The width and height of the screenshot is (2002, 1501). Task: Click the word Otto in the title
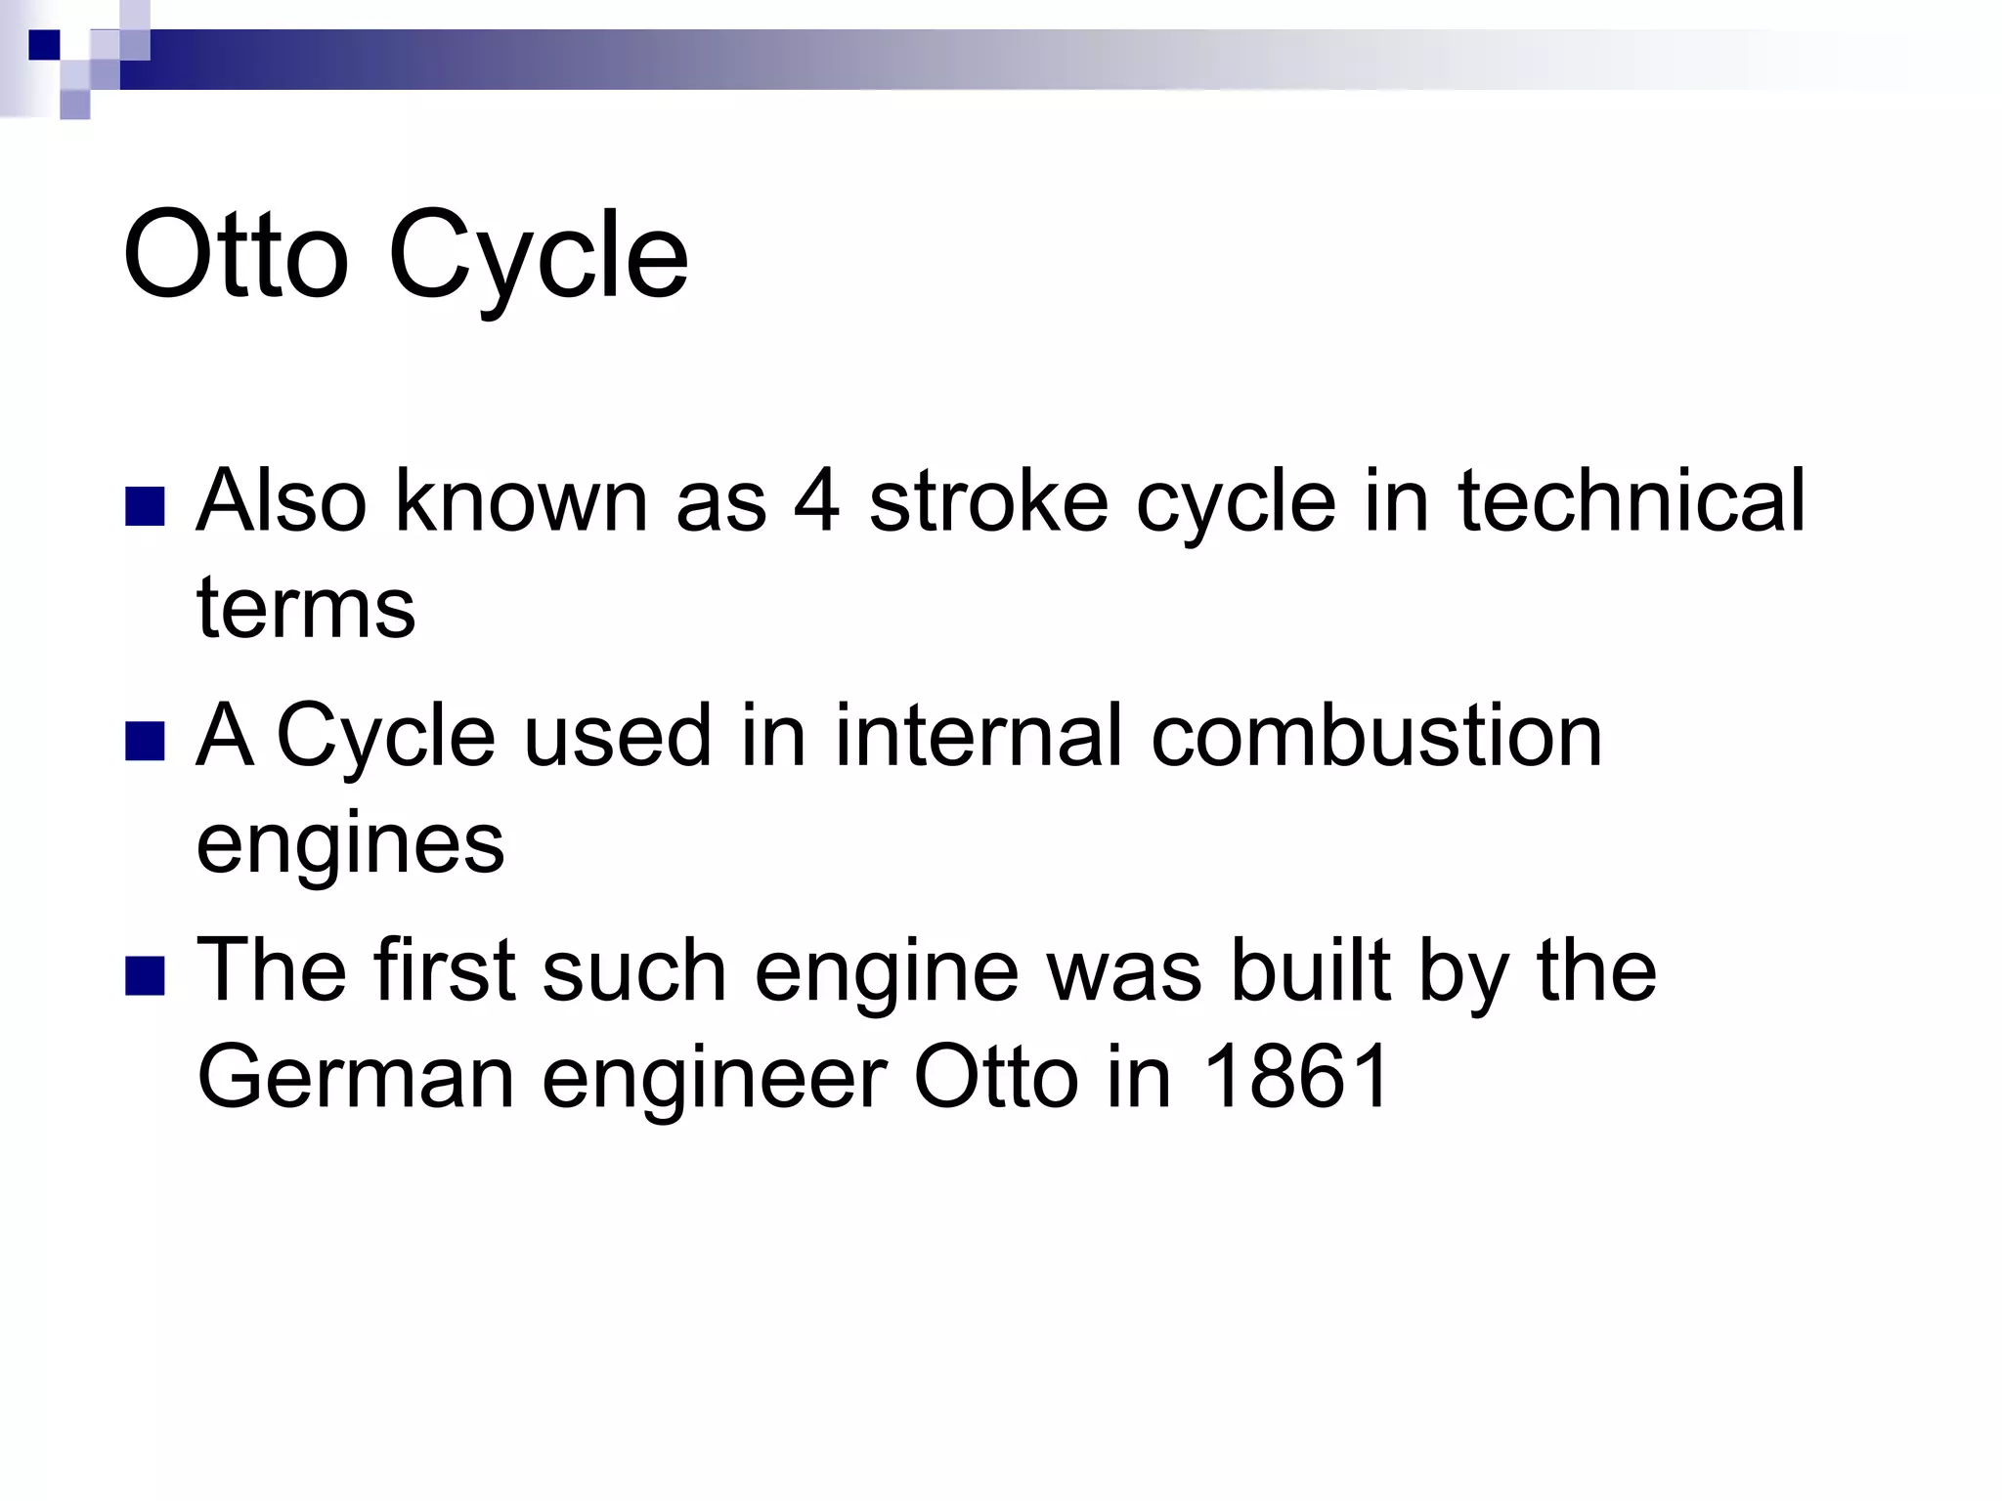pos(236,256)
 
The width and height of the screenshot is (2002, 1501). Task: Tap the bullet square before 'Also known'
pos(145,506)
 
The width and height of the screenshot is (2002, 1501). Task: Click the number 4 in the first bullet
pos(816,500)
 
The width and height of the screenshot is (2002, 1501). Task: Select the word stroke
pos(988,500)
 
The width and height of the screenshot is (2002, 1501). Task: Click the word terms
pos(306,608)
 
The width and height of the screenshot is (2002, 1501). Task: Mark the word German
pos(356,1077)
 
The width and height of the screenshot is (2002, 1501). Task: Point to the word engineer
pos(715,1079)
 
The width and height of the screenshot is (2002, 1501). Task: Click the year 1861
pos(1295,1077)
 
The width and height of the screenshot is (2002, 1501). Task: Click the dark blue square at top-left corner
pos(44,45)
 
